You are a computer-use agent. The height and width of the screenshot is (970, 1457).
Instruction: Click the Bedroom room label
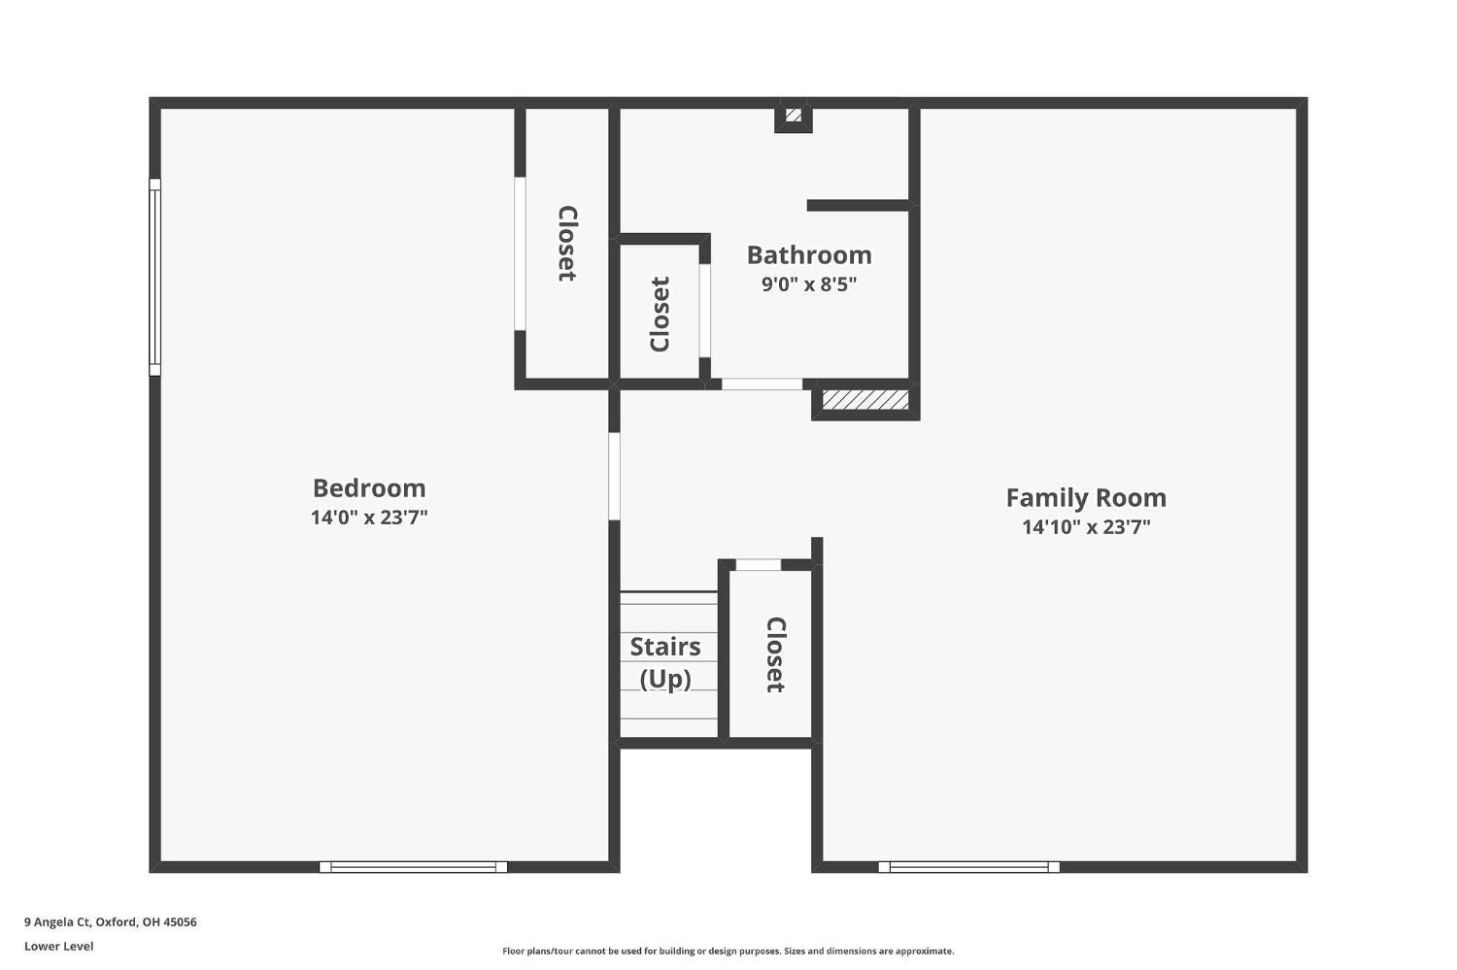pos(369,487)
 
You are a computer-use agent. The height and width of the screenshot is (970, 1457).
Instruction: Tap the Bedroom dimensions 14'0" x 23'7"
pos(369,518)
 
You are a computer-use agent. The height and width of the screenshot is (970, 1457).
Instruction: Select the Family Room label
pos(1086,497)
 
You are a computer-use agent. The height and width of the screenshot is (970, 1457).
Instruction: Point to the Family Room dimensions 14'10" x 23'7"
pos(1086,527)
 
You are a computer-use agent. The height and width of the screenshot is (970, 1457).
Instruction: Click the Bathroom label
pos(809,254)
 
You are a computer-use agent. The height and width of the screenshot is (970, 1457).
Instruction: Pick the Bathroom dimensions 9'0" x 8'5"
pos(809,284)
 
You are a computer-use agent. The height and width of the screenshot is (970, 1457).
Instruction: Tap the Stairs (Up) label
pos(665,662)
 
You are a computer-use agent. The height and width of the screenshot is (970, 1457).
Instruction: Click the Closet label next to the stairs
pos(775,654)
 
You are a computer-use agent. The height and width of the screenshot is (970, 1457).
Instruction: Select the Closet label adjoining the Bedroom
pos(567,243)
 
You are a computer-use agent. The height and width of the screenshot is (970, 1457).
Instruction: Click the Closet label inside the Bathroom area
pos(661,314)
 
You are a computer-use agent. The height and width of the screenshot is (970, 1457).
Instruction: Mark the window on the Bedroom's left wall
pos(154,277)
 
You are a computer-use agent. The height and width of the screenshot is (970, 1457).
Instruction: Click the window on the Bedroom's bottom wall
pos(414,867)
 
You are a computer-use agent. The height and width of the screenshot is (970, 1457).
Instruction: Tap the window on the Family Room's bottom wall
pos(968,867)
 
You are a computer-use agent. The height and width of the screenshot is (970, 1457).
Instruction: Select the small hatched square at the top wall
pos(794,116)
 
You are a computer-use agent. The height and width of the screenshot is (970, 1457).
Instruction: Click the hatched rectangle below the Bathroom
pos(865,400)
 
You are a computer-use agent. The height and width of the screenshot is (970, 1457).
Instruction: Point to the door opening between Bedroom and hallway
pos(614,476)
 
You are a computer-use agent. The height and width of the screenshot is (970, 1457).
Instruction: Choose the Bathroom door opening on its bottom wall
pos(762,385)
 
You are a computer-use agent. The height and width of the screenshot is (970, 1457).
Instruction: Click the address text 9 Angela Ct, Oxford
pos(111,922)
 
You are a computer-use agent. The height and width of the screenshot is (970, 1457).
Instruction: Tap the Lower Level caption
pos(59,946)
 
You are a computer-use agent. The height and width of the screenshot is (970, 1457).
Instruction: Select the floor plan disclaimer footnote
pos(728,952)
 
